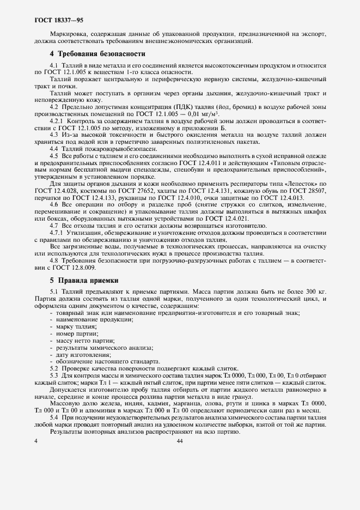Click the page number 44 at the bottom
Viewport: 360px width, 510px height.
coord(180,441)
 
